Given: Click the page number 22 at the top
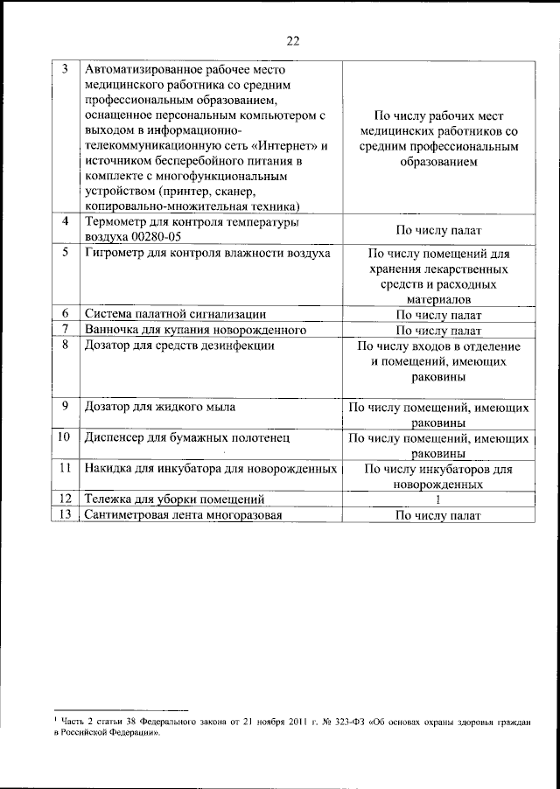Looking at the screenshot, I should pos(292,39).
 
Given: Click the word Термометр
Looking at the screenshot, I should pos(117,222).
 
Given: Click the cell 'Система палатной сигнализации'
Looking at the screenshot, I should pos(170,314).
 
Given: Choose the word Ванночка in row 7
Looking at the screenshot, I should pos(113,330).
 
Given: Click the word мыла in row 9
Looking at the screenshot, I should pos(216,408).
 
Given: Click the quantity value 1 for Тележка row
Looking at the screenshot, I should pos(438,500).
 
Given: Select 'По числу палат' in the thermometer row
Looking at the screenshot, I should pos(438,230).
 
